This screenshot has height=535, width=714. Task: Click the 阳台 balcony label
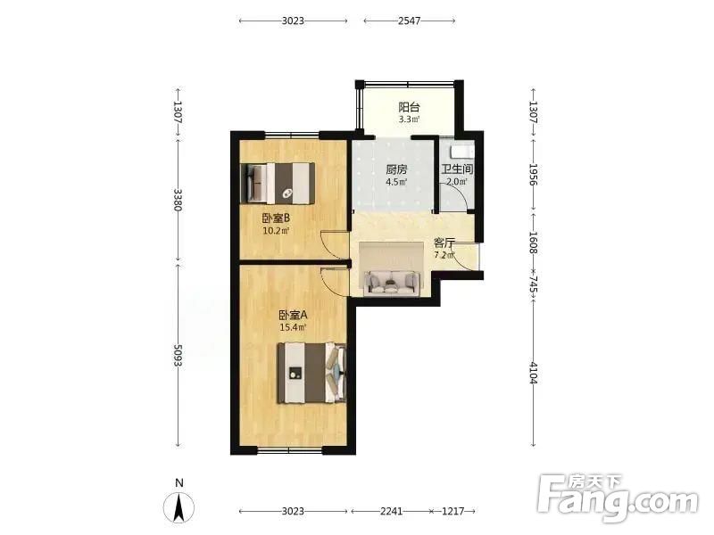coord(409,107)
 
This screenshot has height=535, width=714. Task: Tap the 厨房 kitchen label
coord(396,169)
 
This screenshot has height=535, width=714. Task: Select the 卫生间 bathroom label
coord(457,169)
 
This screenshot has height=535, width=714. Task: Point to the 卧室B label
coord(276,218)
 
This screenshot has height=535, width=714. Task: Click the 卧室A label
coord(293,315)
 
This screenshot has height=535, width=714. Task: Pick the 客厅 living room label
coord(444,243)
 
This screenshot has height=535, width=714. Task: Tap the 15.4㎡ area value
coord(293,327)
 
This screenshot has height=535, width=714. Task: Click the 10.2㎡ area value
coord(276,231)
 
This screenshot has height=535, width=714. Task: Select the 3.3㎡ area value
coord(409,119)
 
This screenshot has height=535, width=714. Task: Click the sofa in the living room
coord(392,283)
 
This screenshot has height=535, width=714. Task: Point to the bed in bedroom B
coord(278,183)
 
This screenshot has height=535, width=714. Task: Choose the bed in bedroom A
coord(311,373)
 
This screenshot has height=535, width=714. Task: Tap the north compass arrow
coord(179,506)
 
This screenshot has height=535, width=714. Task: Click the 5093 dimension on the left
coord(178,356)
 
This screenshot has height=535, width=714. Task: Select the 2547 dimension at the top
coord(409,21)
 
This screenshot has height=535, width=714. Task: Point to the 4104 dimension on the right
coord(534,373)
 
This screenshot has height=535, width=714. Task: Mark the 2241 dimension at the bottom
coord(391,511)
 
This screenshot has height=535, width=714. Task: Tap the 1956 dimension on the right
coord(534,175)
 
